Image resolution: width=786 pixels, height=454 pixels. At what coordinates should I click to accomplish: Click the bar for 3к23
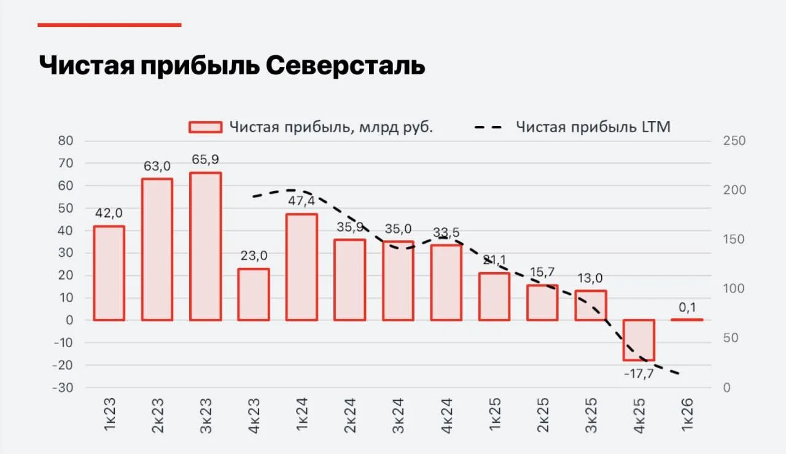(205, 246)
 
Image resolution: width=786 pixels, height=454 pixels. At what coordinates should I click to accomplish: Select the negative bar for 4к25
(639, 340)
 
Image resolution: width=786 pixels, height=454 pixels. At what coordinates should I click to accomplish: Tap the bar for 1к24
(302, 267)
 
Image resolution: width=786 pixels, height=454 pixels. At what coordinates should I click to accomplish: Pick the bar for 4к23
(254, 294)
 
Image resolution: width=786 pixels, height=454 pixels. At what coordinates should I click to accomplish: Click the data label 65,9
(205, 159)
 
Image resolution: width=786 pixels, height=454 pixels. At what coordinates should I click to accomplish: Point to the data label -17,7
(639, 374)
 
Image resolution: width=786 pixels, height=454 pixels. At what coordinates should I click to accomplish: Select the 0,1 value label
(687, 308)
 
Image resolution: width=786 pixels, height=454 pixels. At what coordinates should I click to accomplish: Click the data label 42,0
(109, 213)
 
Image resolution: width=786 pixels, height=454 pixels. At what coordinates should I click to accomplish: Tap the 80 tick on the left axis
(66, 141)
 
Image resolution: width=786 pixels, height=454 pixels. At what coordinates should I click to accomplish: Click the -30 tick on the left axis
(63, 388)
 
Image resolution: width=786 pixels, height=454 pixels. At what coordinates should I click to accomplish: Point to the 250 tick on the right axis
(734, 141)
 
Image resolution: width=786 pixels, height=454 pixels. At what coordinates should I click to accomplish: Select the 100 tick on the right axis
(734, 289)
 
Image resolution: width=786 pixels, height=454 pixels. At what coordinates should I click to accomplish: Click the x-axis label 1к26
(687, 415)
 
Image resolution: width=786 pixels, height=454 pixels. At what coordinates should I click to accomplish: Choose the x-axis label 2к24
(350, 415)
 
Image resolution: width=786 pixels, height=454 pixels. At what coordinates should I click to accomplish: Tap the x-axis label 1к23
(109, 415)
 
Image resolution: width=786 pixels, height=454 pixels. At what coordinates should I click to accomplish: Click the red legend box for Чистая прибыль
(205, 127)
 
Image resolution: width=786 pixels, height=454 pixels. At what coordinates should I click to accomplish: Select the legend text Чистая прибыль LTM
(593, 127)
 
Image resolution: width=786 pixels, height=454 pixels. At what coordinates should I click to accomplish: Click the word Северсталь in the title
(346, 65)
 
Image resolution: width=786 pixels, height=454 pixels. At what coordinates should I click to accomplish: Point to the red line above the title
(109, 25)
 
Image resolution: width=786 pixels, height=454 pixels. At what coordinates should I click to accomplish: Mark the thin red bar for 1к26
(687, 319)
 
